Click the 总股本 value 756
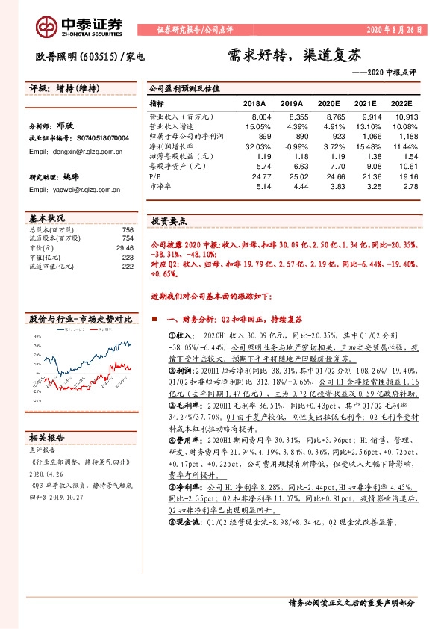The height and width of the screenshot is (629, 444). click(x=127, y=229)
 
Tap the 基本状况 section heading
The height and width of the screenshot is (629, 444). click(x=48, y=218)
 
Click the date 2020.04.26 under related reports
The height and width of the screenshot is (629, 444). click(x=46, y=473)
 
